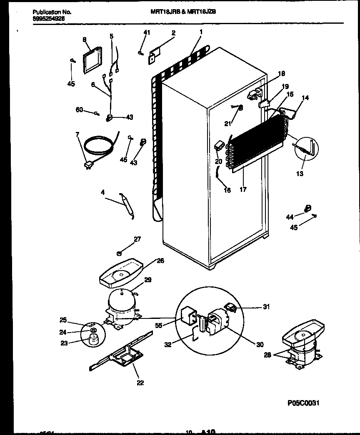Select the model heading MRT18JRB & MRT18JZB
pos(183,12)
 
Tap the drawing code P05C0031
pos(305,403)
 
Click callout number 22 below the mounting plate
pos(140,383)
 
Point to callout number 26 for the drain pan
pos(148,261)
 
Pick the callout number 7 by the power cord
pos(77,134)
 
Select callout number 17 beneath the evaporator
pos(243,189)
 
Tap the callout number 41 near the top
pos(146,32)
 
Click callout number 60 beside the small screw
pos(79,110)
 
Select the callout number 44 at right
pos(290,217)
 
